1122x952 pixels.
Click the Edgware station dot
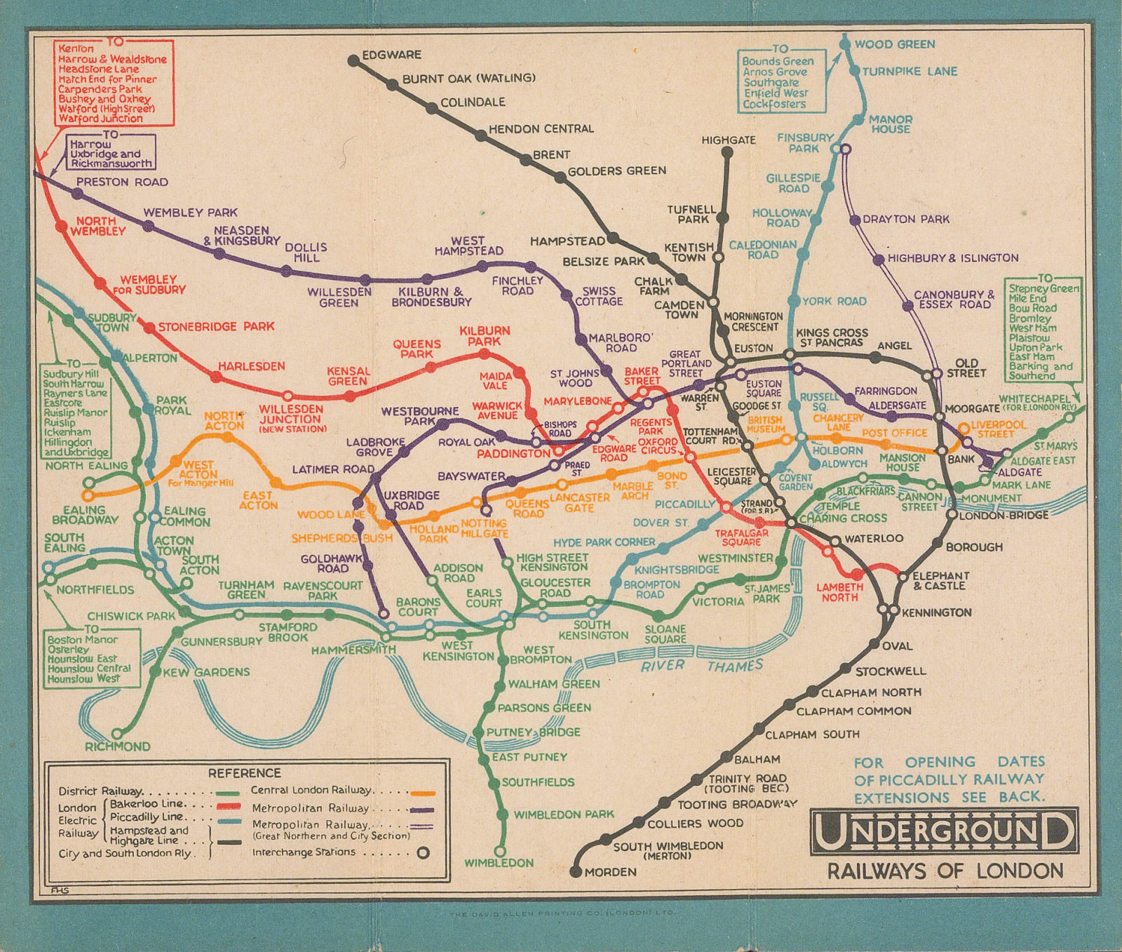[x=353, y=61]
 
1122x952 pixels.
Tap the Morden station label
[x=611, y=872]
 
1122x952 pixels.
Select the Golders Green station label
[x=616, y=170]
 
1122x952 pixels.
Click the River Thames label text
[x=701, y=665]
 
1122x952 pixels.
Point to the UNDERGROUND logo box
[x=944, y=831]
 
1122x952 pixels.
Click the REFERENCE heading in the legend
[x=244, y=772]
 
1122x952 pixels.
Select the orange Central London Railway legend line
[x=423, y=793]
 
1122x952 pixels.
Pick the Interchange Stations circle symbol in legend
[x=423, y=853]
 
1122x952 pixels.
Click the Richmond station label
[x=117, y=746]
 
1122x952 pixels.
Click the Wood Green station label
[x=894, y=44]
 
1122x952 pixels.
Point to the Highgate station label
[x=729, y=140]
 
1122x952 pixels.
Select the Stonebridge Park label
[x=215, y=326]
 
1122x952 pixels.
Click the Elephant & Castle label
[x=940, y=580]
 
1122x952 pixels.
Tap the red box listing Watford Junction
[x=114, y=83]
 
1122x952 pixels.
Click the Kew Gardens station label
[x=205, y=672]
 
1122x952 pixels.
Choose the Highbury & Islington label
[x=952, y=258]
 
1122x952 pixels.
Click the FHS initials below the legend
[x=60, y=890]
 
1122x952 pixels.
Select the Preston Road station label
[x=122, y=182]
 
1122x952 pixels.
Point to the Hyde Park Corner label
[x=604, y=542]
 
